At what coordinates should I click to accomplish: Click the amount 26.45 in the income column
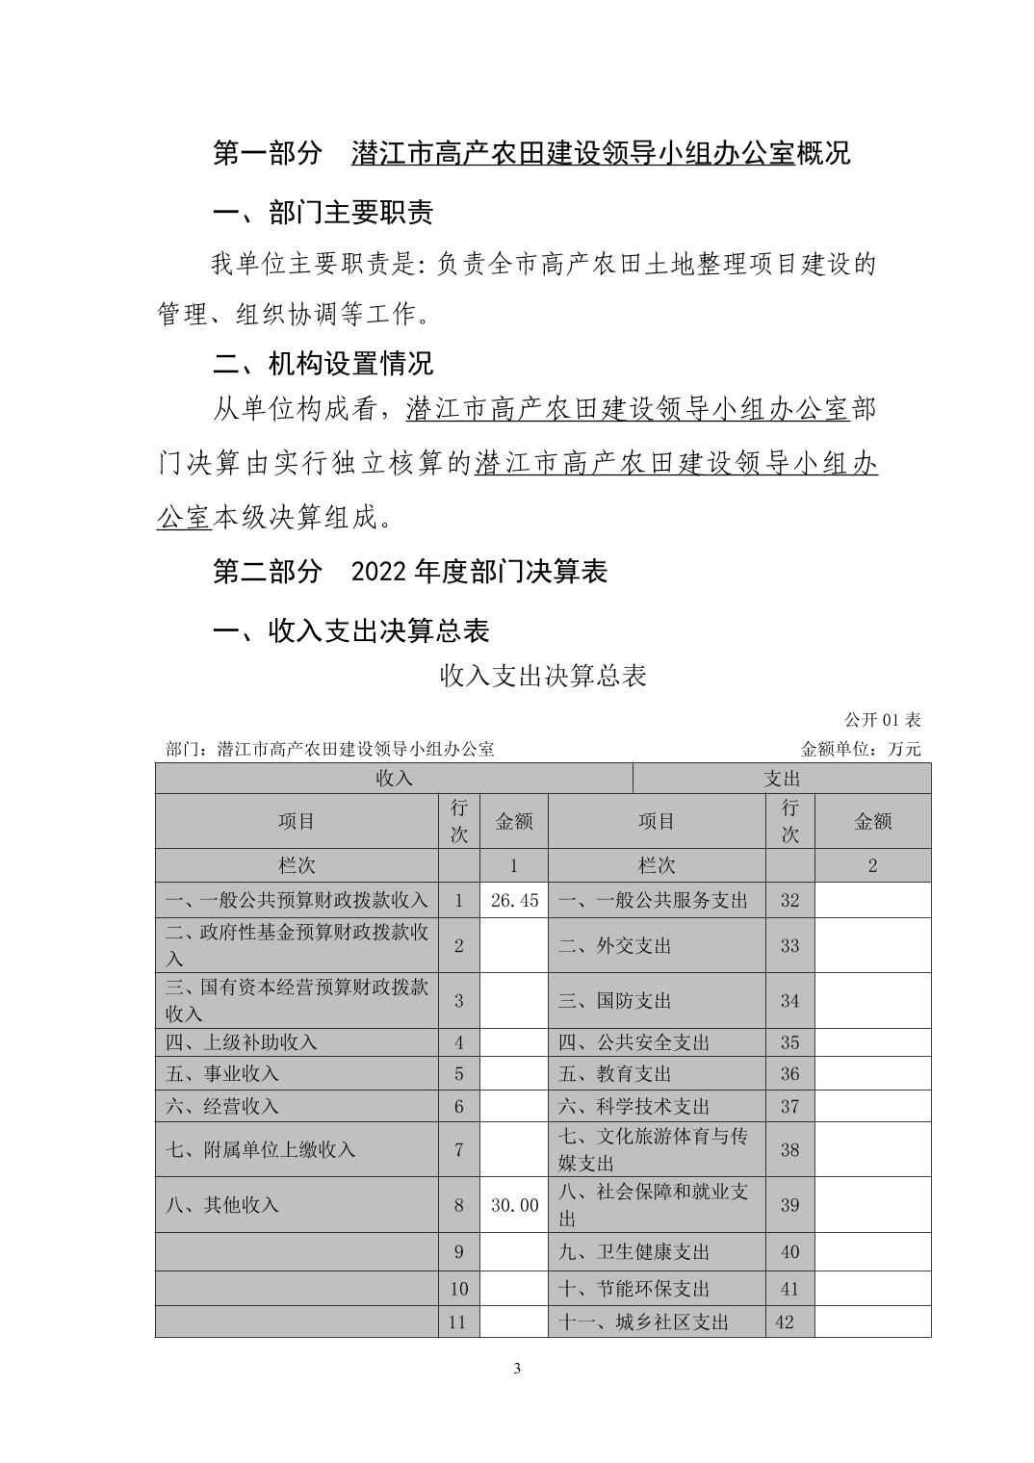tap(514, 900)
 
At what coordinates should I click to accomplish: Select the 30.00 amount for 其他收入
tap(514, 1204)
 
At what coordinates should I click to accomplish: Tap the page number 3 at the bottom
tap(518, 1369)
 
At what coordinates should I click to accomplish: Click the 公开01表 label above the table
tap(882, 720)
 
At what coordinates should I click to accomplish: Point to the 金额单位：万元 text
tap(860, 749)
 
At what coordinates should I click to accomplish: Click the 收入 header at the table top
tap(394, 778)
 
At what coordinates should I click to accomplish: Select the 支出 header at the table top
tap(782, 778)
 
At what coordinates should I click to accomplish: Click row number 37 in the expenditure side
tap(789, 1106)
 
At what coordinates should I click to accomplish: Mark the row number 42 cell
tap(785, 1322)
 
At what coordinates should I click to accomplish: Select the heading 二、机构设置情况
tap(323, 363)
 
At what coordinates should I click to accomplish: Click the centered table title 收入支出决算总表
tap(543, 676)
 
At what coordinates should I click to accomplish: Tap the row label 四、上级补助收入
tap(242, 1042)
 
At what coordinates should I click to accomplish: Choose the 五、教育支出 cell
tap(614, 1073)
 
